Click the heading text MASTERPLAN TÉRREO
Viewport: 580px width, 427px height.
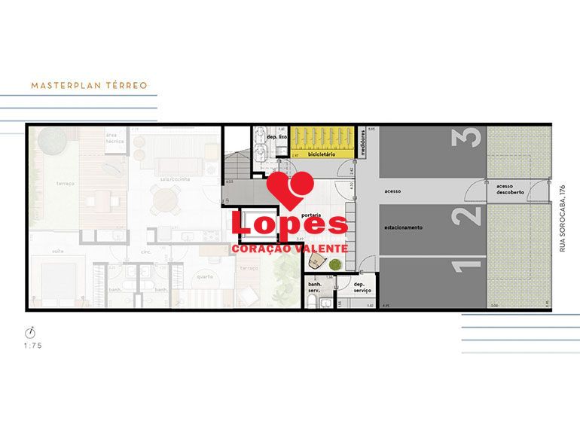click(89, 86)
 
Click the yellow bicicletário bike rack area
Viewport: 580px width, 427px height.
click(323, 140)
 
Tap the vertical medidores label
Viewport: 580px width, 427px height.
click(363, 142)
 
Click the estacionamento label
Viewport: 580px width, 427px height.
click(403, 227)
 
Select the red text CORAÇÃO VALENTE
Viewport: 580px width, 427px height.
click(290, 249)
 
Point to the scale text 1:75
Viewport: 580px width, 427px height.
click(32, 346)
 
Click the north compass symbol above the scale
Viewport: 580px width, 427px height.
click(32, 331)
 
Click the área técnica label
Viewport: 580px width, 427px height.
click(115, 137)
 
